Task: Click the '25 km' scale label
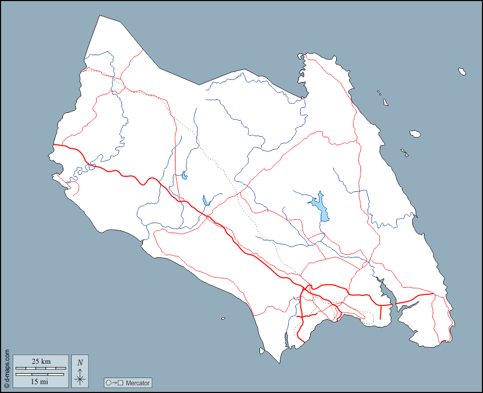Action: coord(41,362)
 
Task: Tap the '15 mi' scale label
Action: coord(39,381)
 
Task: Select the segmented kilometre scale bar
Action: coord(40,368)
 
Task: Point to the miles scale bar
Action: coord(40,374)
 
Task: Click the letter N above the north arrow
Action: coord(80,362)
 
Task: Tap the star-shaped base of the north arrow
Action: coord(80,379)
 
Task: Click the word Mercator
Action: coord(137,383)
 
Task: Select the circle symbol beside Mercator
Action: coord(108,383)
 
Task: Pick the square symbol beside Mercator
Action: coord(120,383)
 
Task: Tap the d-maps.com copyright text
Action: coord(7,368)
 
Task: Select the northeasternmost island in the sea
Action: coord(462,71)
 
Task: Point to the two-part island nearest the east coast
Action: coord(405,153)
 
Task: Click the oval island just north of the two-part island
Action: coord(416,133)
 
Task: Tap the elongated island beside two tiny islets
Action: coord(385,102)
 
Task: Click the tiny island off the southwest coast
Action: coord(223,318)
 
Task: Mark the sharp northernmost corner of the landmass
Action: coord(100,16)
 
